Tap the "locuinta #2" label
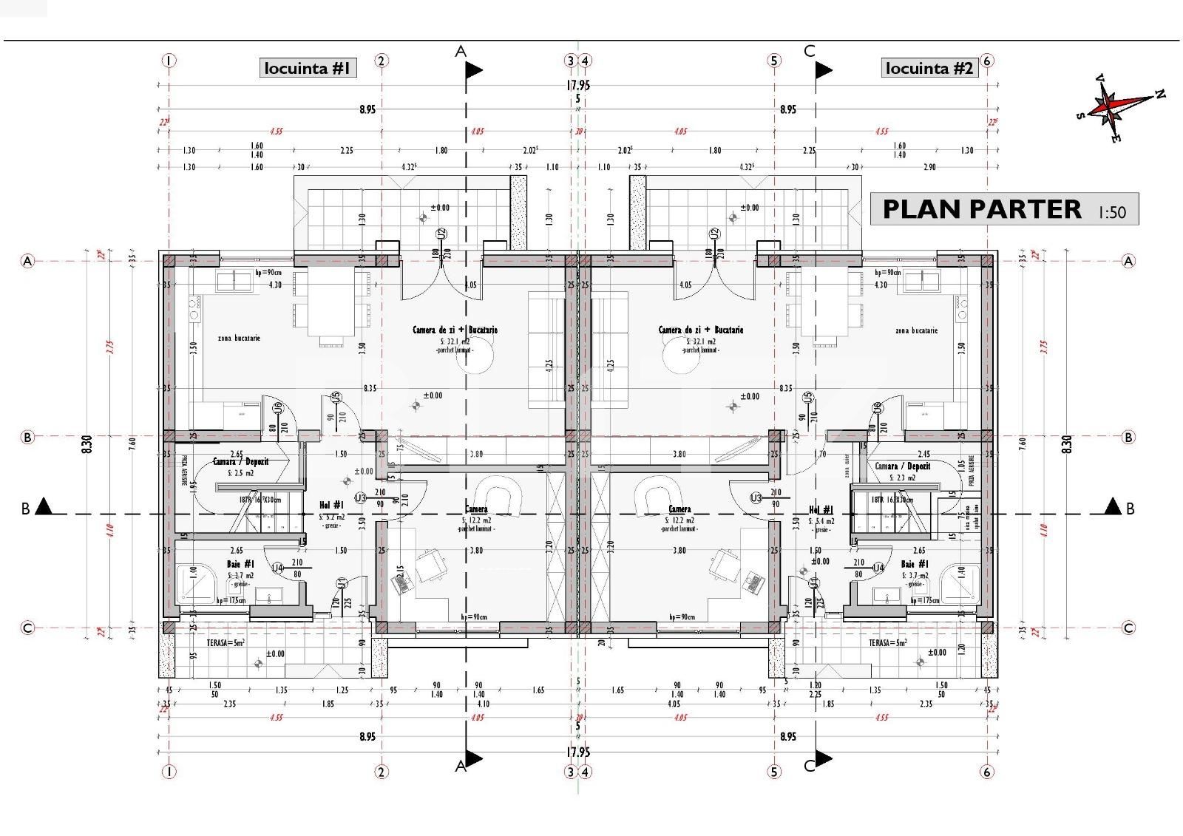click(929, 69)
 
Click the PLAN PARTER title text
click(981, 210)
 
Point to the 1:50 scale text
click(1111, 212)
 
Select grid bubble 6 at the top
click(986, 61)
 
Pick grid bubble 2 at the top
click(382, 61)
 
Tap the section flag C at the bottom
click(823, 758)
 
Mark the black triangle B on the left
click(44, 506)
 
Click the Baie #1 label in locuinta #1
click(240, 565)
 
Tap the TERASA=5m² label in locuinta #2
click(887, 643)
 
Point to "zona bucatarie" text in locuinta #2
click(915, 330)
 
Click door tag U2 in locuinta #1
click(441, 234)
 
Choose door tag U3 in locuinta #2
click(756, 498)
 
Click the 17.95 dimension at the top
click(577, 86)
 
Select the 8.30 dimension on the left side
click(87, 444)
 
